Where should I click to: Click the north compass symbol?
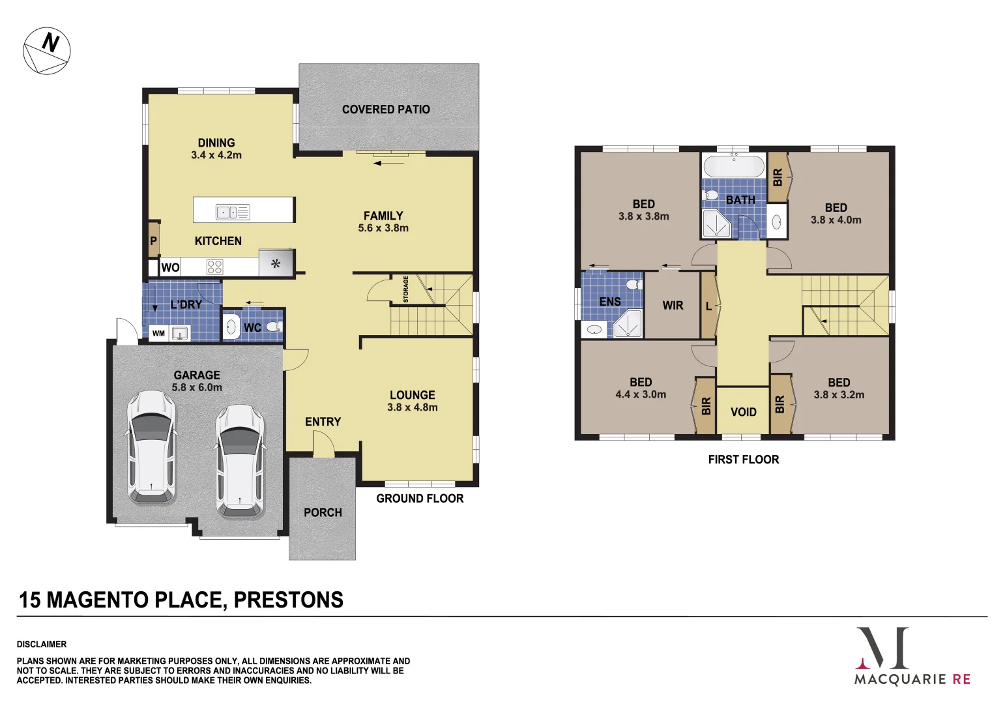[46, 51]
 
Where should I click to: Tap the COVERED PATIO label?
[386, 110]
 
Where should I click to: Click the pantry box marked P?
[154, 241]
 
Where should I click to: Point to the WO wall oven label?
[170, 267]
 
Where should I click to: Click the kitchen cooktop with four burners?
[214, 267]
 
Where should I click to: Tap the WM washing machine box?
[158, 333]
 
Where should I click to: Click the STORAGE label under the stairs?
[405, 289]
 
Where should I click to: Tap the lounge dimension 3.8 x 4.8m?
[412, 407]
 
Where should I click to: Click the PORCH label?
[323, 512]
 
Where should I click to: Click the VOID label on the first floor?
[743, 412]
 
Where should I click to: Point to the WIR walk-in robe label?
[673, 305]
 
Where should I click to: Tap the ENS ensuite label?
[610, 301]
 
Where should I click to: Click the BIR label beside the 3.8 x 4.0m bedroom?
[778, 177]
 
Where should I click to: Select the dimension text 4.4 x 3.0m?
[641, 394]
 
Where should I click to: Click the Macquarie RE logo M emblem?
[882, 648]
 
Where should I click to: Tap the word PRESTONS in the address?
[288, 600]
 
